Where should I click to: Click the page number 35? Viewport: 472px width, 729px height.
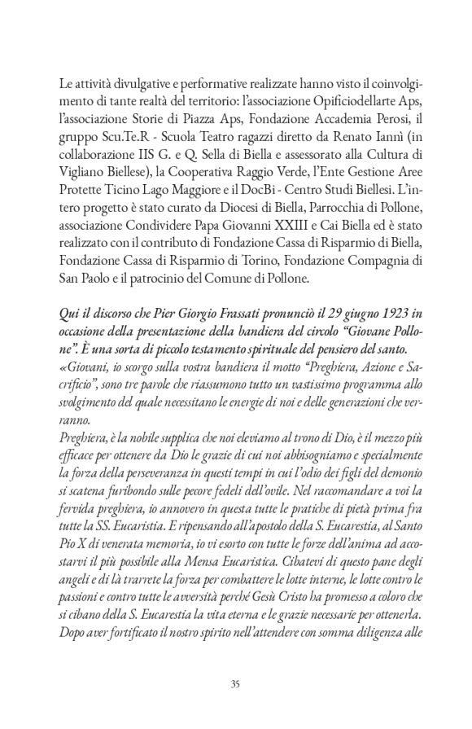[235, 683]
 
